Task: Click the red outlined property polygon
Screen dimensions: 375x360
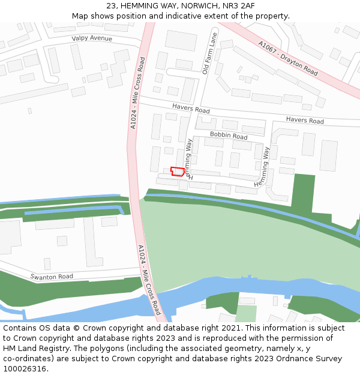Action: pyautogui.click(x=177, y=171)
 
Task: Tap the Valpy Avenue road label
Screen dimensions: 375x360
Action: pyautogui.click(x=92, y=38)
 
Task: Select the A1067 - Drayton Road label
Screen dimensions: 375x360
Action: pyautogui.click(x=288, y=58)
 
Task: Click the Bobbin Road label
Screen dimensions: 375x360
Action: pyautogui.click(x=229, y=136)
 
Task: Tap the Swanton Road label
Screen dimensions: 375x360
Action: pyautogui.click(x=52, y=277)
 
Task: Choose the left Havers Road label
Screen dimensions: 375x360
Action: pyautogui.click(x=191, y=109)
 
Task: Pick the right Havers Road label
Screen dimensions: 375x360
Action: pyautogui.click(x=305, y=121)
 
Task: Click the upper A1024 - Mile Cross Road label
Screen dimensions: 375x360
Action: pyautogui.click(x=137, y=92)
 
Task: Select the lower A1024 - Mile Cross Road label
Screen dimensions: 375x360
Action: pyautogui.click(x=149, y=280)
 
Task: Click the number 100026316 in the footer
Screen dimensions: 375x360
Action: pyautogui.click(x=24, y=368)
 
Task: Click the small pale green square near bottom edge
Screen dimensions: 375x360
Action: pyautogui.click(x=246, y=313)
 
